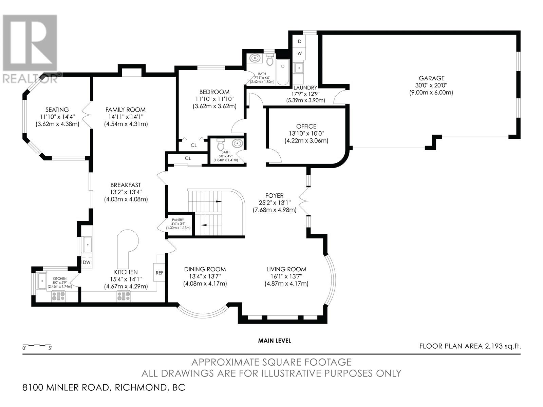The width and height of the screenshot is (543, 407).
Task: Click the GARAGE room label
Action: (432, 78)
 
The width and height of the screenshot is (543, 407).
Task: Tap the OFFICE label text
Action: (306, 126)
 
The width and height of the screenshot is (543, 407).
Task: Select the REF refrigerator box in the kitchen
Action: (159, 272)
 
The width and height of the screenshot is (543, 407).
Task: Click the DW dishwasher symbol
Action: (87, 262)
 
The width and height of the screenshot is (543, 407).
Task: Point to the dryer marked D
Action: (299, 41)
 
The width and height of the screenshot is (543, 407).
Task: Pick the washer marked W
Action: (299, 53)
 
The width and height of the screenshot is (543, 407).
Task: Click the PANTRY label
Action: (178, 220)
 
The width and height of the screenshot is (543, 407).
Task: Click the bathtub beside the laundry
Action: (282, 72)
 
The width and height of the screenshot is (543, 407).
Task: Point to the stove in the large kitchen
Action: (124, 296)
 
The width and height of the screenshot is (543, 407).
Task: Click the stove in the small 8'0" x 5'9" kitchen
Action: (58, 296)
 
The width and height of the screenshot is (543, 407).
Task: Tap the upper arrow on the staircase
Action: (219, 201)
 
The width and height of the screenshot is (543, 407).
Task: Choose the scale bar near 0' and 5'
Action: (37, 345)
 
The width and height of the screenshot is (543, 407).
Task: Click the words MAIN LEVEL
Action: (274, 341)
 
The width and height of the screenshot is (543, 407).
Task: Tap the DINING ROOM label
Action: (205, 269)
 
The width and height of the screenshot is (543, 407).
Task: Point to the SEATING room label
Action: (57, 110)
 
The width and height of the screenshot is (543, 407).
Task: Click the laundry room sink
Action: (299, 68)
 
